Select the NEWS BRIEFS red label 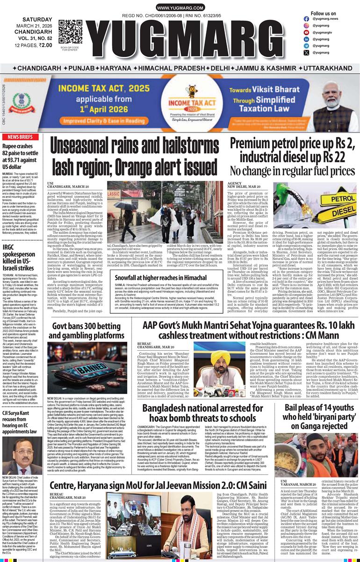click(x=20, y=137)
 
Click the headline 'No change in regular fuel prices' click(x=289, y=171)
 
